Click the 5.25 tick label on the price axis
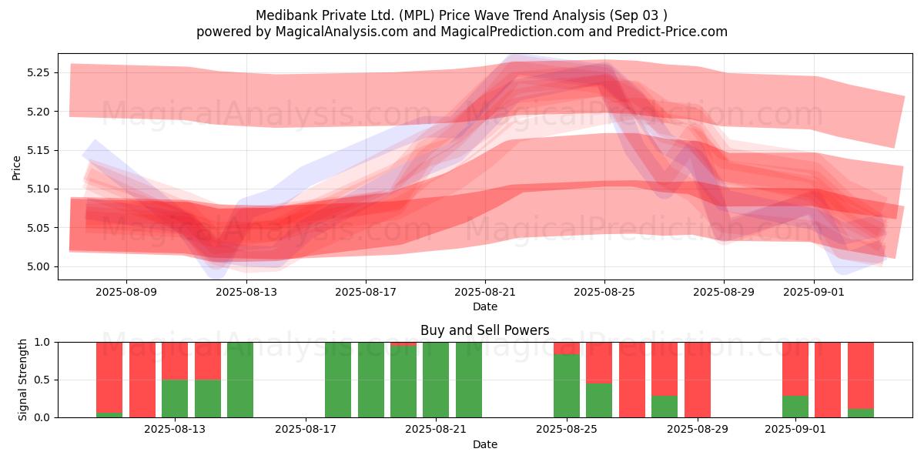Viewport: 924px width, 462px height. tap(38, 73)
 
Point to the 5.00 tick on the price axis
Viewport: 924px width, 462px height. tap(38, 267)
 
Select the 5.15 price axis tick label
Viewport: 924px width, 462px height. tap(38, 151)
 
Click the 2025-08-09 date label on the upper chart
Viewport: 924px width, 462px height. tap(127, 293)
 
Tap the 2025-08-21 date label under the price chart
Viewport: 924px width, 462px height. tap(485, 293)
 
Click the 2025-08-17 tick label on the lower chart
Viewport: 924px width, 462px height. tap(306, 430)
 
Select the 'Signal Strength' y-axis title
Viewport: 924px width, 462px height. tap(23, 380)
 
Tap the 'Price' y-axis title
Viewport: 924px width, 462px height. tap(17, 167)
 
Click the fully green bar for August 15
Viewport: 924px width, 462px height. tap(240, 380)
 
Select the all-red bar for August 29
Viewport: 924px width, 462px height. tap(698, 380)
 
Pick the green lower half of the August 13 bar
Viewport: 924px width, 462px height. tap(175, 398)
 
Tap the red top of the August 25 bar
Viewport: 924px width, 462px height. tap(567, 347)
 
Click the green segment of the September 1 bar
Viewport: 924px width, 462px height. tap(795, 407)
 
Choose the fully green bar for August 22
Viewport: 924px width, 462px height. tap(469, 380)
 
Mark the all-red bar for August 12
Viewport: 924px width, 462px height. tap(142, 380)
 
